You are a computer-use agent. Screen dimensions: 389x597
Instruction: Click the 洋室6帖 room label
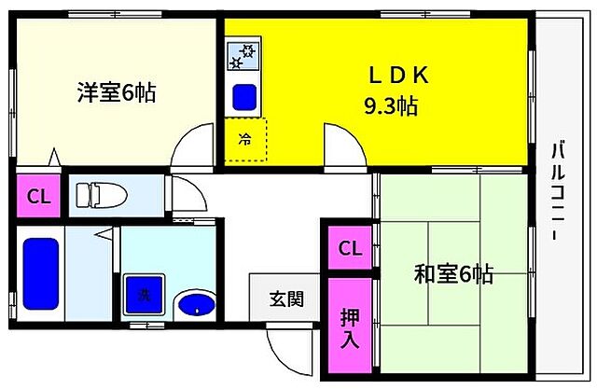click(x=116, y=93)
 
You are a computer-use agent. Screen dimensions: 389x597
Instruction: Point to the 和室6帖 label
click(x=453, y=274)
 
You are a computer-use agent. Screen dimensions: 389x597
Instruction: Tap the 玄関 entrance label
click(x=286, y=299)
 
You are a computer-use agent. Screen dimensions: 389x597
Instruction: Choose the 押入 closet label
click(x=349, y=327)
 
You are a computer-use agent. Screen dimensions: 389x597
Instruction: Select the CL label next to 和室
click(x=349, y=248)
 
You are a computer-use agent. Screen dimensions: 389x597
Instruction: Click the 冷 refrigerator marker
click(x=245, y=142)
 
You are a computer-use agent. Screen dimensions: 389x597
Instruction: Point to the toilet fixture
click(x=98, y=195)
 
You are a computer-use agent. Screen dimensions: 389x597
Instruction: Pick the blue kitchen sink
click(x=245, y=95)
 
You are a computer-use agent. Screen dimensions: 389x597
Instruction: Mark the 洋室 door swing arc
click(x=188, y=146)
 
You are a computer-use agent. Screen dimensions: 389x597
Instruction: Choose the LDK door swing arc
click(x=344, y=146)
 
